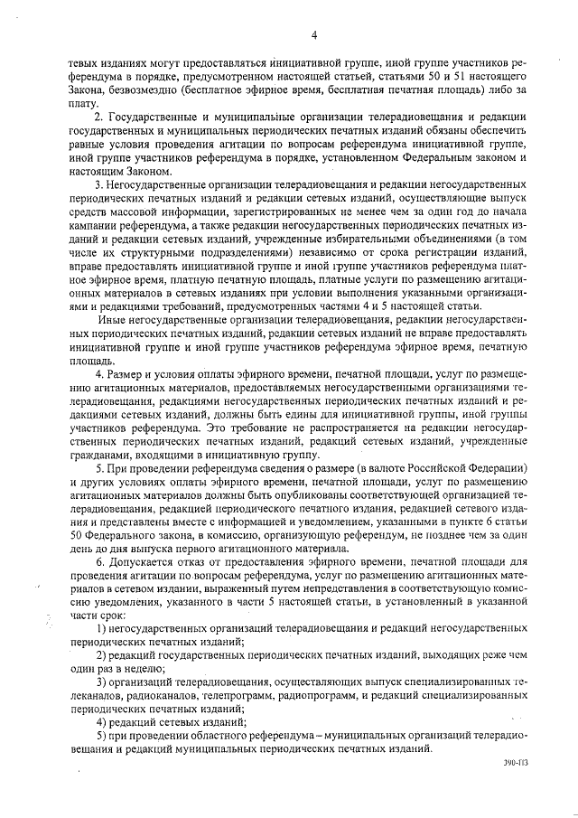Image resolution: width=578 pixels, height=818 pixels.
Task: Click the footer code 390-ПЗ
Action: (517, 775)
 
